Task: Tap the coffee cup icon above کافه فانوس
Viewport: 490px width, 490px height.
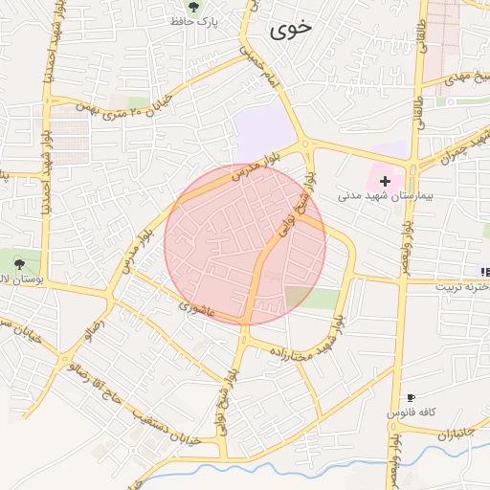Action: pos(411,397)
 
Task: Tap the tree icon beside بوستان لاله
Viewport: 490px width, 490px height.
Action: pos(20,261)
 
